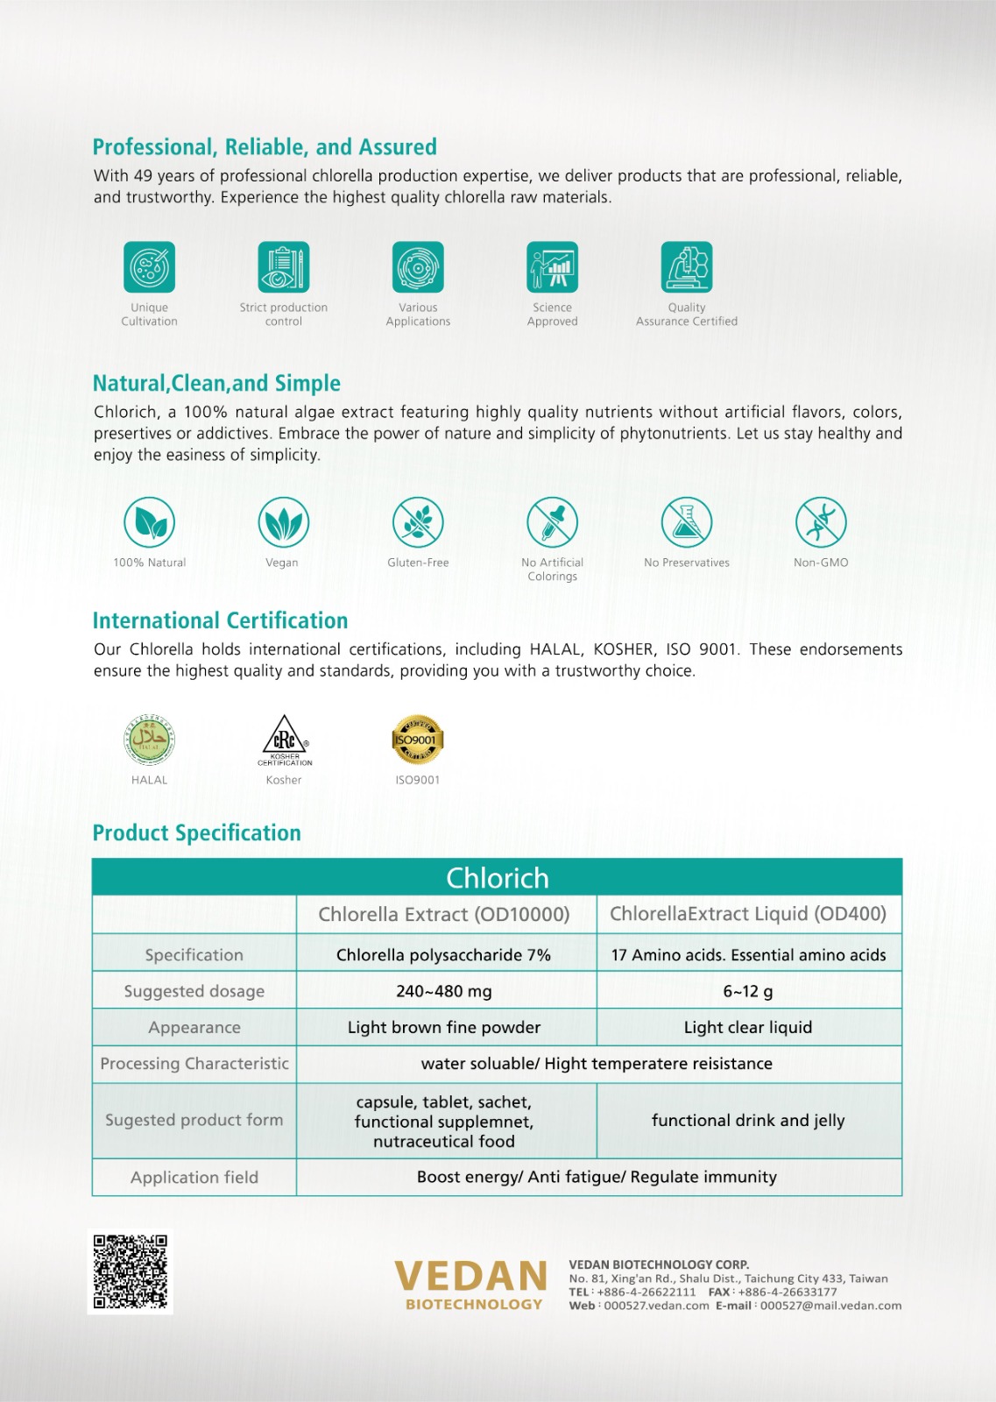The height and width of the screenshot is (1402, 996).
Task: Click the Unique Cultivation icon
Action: click(149, 267)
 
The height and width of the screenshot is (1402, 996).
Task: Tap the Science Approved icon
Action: click(552, 267)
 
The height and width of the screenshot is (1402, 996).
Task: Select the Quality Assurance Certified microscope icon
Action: click(687, 267)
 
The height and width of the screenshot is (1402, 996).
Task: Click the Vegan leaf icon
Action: click(283, 522)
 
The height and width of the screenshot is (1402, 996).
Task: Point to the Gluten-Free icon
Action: click(418, 522)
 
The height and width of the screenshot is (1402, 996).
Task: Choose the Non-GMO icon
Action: click(821, 522)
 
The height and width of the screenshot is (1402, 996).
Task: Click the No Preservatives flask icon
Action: click(687, 522)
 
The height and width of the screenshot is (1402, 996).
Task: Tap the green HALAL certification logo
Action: click(149, 740)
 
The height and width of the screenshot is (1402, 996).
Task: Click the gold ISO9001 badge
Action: click(417, 740)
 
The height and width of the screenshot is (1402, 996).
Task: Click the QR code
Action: click(131, 1271)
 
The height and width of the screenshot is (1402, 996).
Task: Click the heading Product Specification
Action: click(197, 832)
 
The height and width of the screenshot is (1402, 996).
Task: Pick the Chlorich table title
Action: click(498, 877)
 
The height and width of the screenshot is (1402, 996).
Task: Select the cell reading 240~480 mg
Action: click(444, 991)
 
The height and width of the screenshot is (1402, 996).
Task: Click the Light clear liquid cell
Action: click(748, 1027)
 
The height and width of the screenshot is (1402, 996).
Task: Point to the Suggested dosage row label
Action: click(194, 991)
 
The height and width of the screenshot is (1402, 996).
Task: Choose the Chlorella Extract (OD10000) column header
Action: click(444, 914)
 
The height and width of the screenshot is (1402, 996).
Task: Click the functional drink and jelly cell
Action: click(748, 1120)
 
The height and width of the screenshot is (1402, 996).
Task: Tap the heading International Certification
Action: click(221, 620)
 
